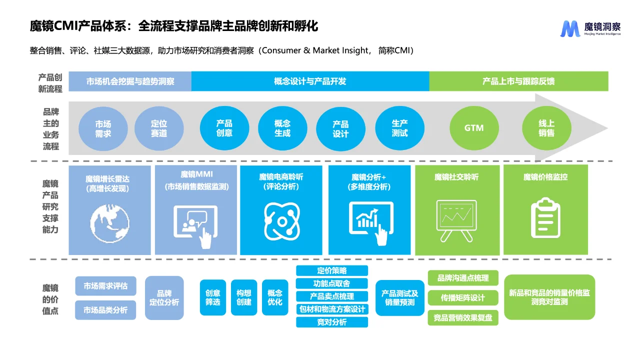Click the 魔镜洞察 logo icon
click(570, 29)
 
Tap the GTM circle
click(473, 128)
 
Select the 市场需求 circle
click(103, 128)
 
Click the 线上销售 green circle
click(546, 128)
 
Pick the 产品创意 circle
click(224, 128)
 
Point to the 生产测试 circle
click(399, 128)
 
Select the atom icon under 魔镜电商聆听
click(282, 220)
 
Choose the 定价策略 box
click(332, 270)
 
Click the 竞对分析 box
click(332, 322)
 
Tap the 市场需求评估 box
click(105, 286)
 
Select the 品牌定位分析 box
click(164, 298)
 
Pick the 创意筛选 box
click(213, 297)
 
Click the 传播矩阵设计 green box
click(463, 298)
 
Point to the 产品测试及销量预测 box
click(400, 298)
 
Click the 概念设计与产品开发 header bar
click(310, 81)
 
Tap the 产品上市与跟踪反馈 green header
click(518, 81)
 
